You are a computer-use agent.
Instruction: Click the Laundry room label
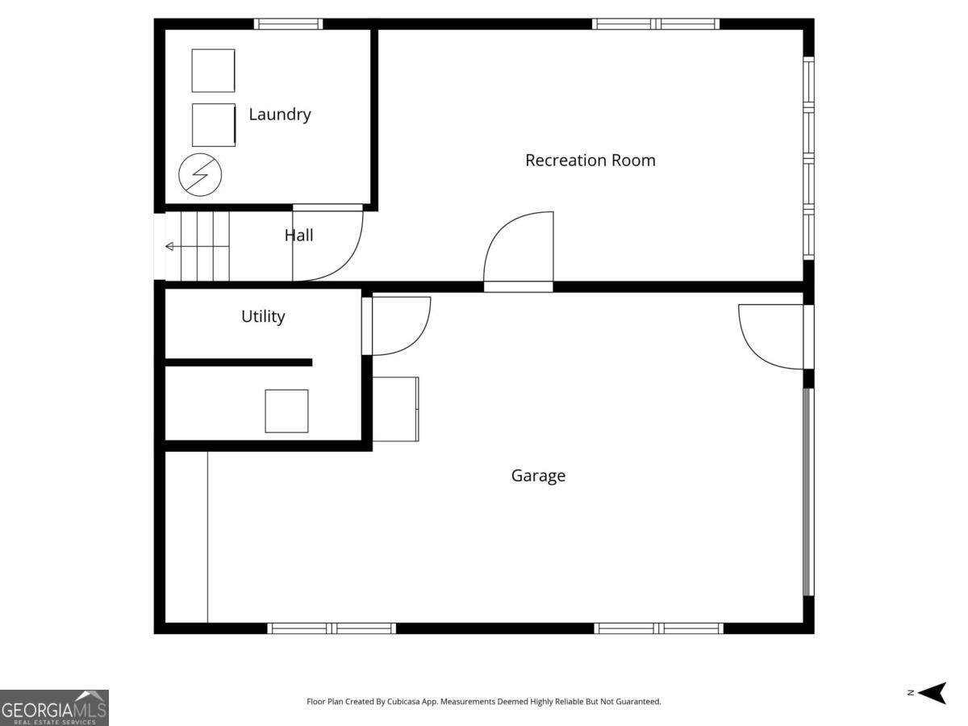pos(280,115)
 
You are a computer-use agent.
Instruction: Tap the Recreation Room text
pos(590,160)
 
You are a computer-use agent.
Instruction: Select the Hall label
pos(299,236)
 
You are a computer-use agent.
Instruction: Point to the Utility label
pos(263,316)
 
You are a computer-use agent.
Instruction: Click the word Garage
pos(538,476)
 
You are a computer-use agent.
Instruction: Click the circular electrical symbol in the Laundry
pos(200,174)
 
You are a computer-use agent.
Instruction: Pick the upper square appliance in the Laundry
pos(213,70)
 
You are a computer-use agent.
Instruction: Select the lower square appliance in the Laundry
pos(214,125)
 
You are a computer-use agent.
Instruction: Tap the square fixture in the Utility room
pos(286,411)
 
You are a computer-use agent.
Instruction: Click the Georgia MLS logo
pos(54,708)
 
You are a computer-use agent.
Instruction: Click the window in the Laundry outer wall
pos(288,24)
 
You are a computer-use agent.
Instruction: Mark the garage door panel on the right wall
pos(808,492)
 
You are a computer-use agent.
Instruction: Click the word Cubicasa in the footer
pos(403,701)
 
